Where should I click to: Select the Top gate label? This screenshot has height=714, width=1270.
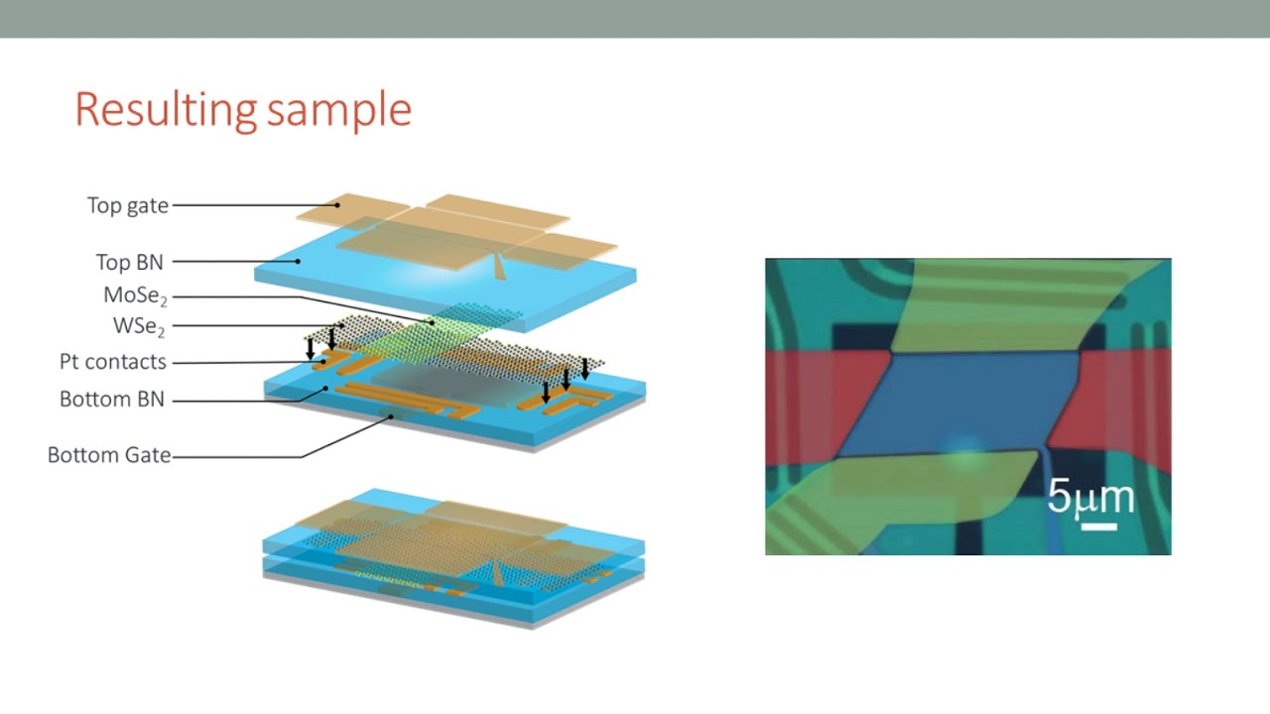coord(128,205)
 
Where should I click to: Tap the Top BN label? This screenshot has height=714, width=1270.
coord(129,262)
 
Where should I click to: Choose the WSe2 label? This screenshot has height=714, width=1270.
coord(139,325)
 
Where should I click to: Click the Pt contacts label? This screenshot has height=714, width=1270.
coord(113,362)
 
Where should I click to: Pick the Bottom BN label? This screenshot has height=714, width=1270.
coord(112,400)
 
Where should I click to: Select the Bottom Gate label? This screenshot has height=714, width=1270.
coord(109,455)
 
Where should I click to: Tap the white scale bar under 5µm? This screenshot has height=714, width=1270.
coord(1098,526)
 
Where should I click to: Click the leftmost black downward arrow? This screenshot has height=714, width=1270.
coord(311,348)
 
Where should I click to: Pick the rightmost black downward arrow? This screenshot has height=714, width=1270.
coord(585,369)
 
